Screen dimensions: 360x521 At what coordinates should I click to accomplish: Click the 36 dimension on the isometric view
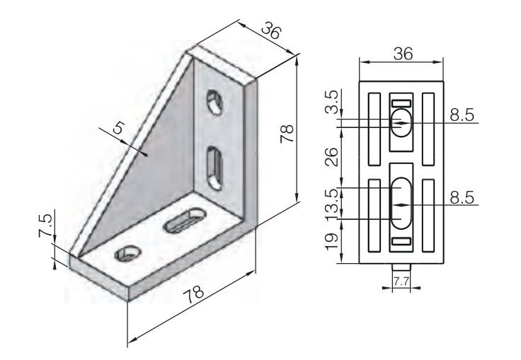click(270, 30)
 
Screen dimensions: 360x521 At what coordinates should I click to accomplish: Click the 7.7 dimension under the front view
click(401, 281)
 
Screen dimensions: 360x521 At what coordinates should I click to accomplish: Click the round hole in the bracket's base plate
click(129, 252)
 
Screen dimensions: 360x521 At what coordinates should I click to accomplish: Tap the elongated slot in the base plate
click(181, 220)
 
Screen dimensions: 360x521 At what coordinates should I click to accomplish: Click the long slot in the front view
click(401, 204)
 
